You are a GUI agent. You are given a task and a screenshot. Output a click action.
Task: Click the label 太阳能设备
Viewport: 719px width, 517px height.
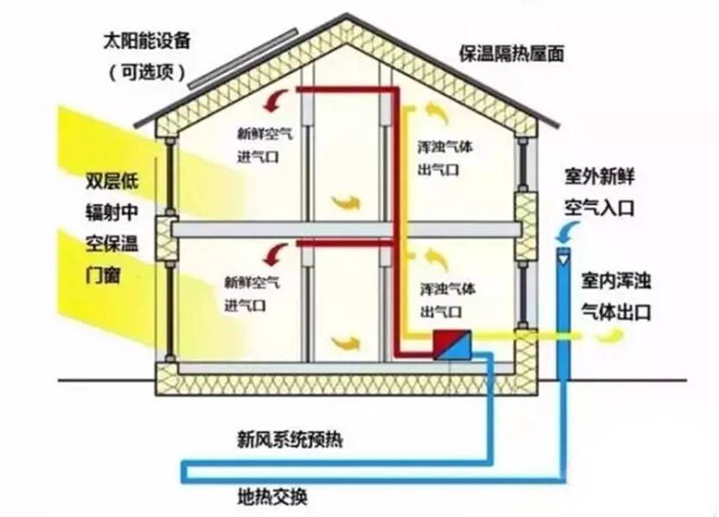click(x=147, y=41)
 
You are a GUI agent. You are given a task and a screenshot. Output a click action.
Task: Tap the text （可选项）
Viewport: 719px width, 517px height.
click(x=147, y=72)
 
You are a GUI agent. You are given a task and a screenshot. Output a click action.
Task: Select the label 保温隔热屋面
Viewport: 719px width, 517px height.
click(x=511, y=54)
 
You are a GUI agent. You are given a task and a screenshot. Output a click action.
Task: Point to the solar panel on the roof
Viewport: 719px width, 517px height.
click(x=243, y=59)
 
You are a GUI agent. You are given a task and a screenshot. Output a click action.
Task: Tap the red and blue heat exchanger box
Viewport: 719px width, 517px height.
click(x=453, y=344)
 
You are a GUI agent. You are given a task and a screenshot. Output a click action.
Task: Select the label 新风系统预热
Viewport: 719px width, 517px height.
click(x=290, y=439)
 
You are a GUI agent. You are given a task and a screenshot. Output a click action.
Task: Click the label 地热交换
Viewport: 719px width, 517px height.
click(x=273, y=497)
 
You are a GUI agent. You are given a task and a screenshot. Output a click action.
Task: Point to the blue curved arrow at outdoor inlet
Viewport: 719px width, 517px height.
click(x=568, y=231)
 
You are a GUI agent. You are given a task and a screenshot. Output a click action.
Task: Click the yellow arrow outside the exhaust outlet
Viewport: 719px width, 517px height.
click(x=610, y=338)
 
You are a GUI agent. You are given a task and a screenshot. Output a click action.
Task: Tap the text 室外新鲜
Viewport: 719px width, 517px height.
click(x=600, y=176)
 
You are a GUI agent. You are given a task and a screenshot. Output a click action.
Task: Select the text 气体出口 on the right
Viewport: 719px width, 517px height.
click(x=616, y=312)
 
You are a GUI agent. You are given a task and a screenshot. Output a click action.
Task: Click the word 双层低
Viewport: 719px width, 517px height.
click(x=112, y=182)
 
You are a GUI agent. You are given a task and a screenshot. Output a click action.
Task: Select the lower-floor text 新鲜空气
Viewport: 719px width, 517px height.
click(x=252, y=282)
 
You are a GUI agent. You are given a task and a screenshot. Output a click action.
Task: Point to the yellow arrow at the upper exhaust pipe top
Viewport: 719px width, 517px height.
click(x=437, y=113)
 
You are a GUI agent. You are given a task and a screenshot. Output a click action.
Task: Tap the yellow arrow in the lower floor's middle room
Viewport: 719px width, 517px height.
click(x=346, y=343)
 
